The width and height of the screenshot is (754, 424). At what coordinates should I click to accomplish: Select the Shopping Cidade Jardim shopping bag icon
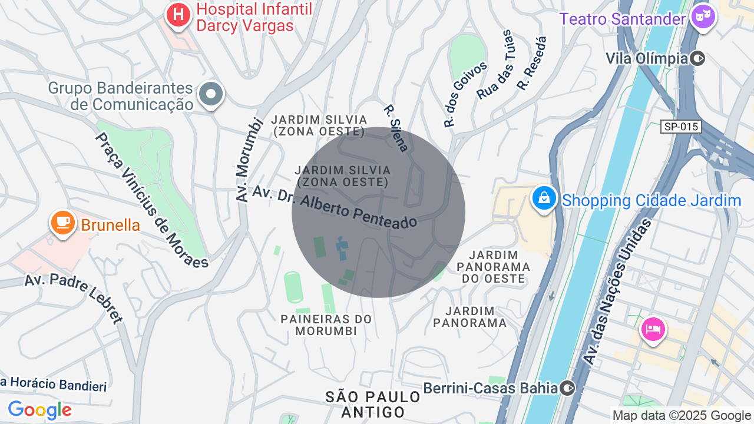pos(544,198)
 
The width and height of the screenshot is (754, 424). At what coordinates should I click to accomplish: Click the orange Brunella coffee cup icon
pos(62,223)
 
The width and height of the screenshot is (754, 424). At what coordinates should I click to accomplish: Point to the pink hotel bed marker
pos(653,328)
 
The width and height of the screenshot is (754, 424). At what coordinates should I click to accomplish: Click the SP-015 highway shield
pos(681,127)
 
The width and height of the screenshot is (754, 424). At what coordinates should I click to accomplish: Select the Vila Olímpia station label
pos(647,58)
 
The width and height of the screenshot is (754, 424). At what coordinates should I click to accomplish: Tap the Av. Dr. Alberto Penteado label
pos(335,207)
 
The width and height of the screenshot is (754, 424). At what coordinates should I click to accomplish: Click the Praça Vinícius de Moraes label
pos(152,200)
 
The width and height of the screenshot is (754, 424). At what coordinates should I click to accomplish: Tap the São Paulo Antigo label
pos(373,404)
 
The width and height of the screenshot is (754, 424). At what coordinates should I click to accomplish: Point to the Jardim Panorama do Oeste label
pos(494,267)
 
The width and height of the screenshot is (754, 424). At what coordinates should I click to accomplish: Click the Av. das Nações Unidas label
pos(617,291)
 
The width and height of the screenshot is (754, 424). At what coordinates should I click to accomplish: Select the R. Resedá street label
pos(532,63)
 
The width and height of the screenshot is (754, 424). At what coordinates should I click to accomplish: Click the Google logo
pos(39,410)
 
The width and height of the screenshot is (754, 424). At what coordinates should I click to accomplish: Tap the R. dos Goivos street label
pos(465,94)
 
